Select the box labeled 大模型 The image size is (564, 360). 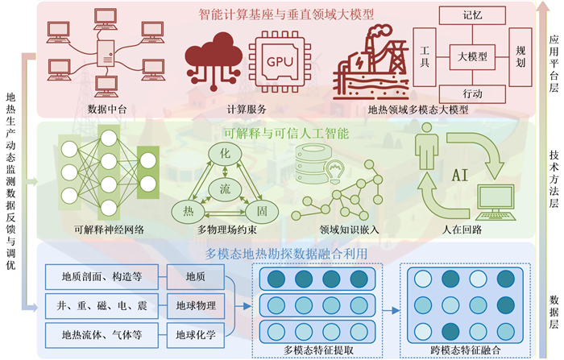click(471, 56)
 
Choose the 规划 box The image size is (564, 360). click(520, 56)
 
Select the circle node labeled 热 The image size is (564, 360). click(188, 211)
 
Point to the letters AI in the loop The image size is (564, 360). click(460, 174)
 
